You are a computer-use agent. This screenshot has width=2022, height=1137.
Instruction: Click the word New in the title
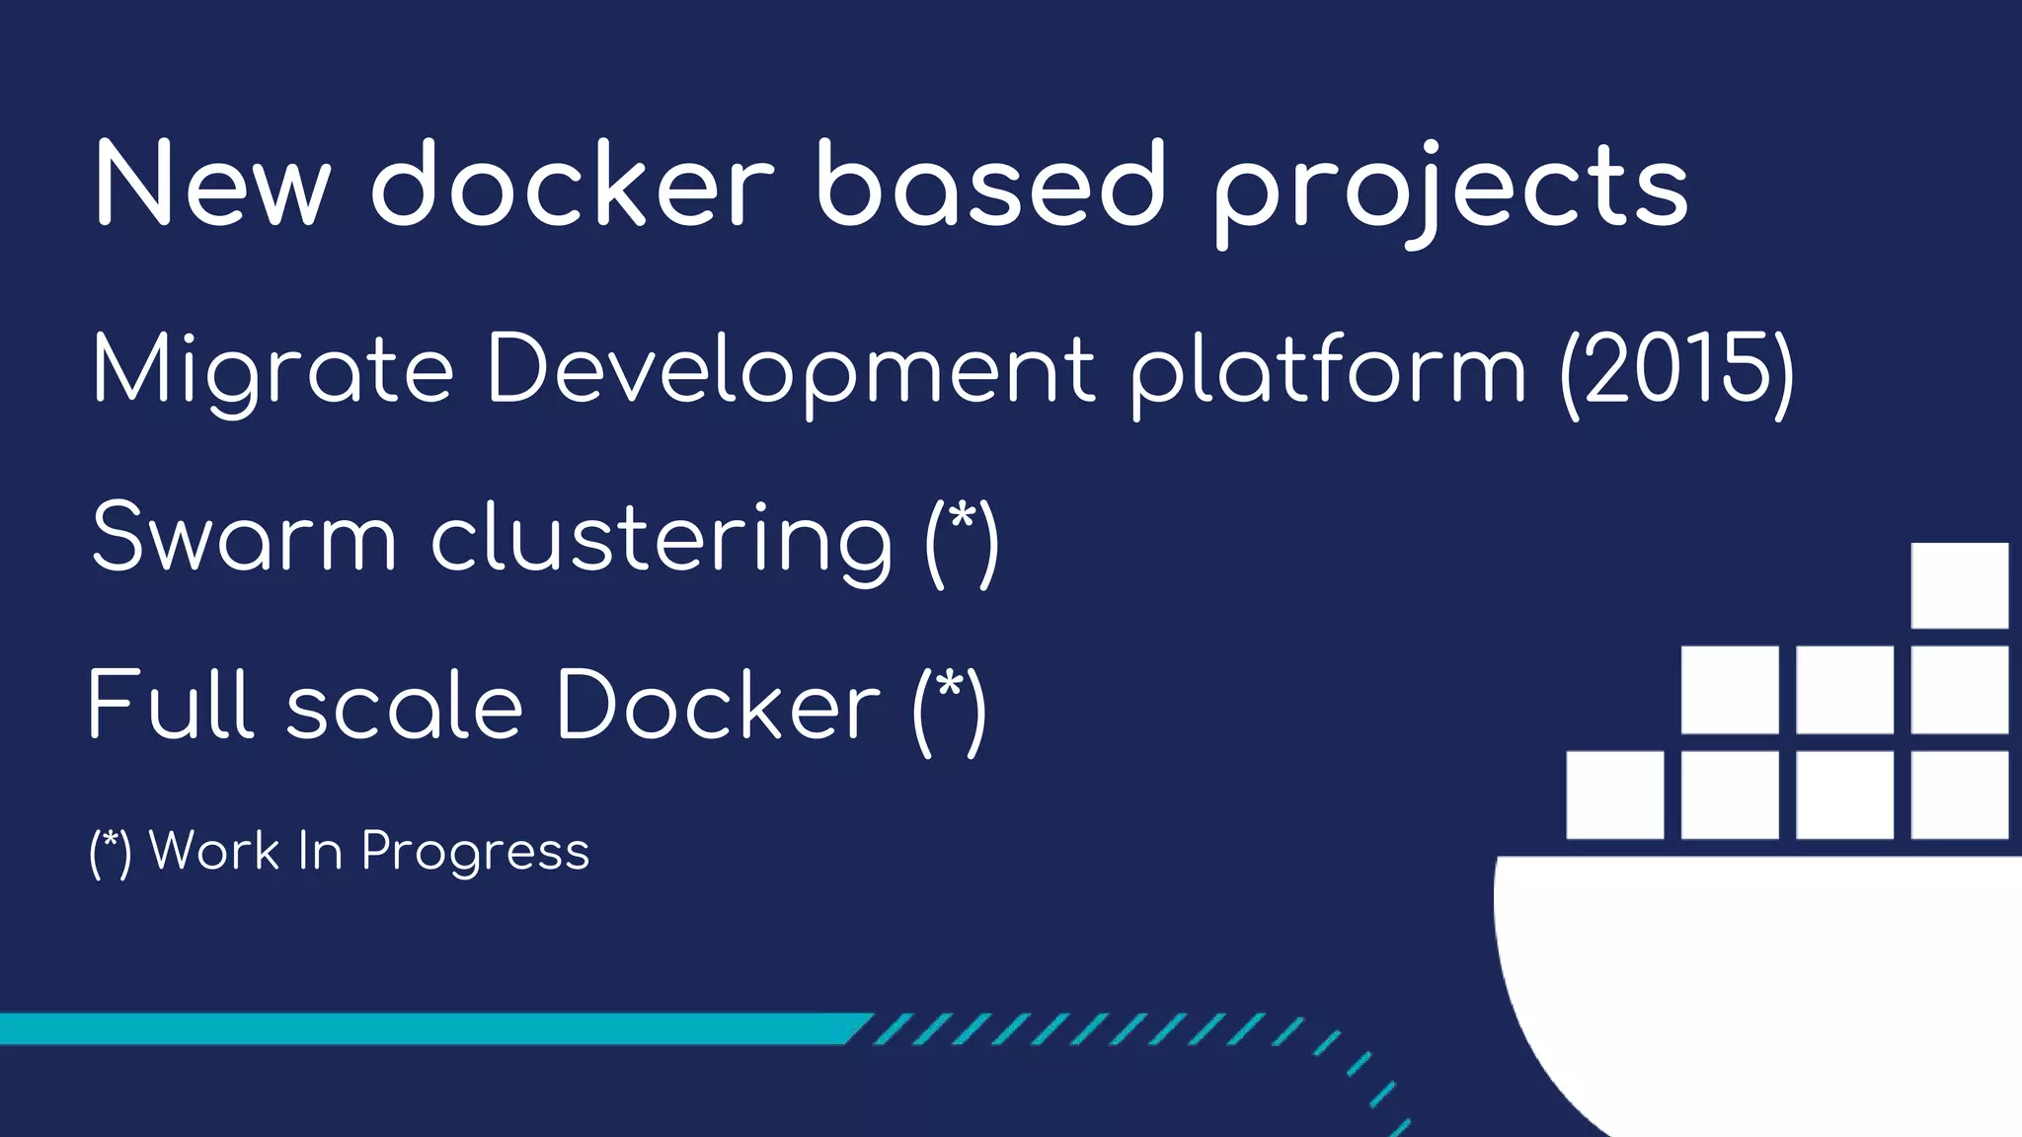click(x=211, y=186)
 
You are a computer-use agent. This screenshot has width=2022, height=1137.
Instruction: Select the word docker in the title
click(x=573, y=184)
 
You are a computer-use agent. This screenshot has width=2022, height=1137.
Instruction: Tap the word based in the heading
click(x=991, y=184)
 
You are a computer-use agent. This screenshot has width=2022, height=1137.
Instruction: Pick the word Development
click(x=791, y=371)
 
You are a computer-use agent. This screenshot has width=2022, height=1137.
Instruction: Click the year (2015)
click(x=1676, y=369)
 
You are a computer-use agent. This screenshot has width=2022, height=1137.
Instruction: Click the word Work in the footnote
click(x=214, y=850)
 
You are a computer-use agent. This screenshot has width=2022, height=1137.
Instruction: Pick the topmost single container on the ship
click(x=1959, y=585)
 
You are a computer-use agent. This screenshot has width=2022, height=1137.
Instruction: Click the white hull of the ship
click(x=1757, y=977)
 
